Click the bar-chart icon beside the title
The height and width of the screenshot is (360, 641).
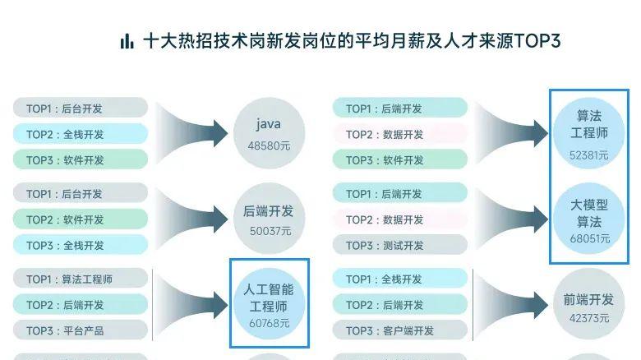tap(127, 41)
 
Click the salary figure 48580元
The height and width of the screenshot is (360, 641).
tap(269, 145)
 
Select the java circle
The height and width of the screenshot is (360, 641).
tap(269, 132)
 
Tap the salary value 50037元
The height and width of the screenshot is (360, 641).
tap(270, 231)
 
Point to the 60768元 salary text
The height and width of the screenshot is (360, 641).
tap(269, 323)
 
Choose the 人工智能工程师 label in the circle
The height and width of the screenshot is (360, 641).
tap(269, 298)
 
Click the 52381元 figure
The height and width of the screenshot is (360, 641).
tap(588, 155)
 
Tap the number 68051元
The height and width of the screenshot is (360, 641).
tap(589, 239)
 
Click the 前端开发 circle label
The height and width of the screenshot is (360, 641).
tap(588, 300)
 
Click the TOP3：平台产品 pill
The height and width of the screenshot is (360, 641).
tap(81, 331)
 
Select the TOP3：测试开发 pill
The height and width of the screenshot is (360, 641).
tap(400, 246)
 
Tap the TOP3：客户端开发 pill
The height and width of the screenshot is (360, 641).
tap(400, 331)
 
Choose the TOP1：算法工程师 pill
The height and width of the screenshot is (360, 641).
tap(81, 279)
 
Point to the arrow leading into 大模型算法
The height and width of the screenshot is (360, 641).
tap(514, 219)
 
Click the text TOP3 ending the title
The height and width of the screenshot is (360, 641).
tap(537, 41)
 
